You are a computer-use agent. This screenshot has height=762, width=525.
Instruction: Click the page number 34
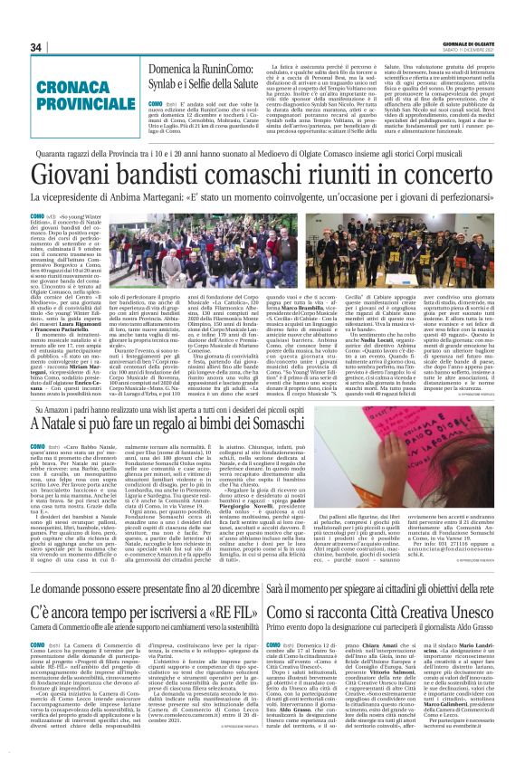[x=36, y=47]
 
